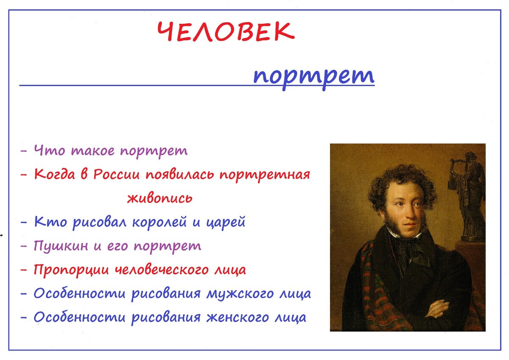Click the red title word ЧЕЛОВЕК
coord(226,31)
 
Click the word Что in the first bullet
coord(50,150)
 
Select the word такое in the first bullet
coord(93,151)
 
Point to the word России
coord(116,175)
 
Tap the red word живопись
coord(160,198)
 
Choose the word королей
coord(159,222)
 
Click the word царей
coord(226,222)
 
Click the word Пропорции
coord(71,270)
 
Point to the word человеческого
coord(162,270)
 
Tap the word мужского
coord(240,294)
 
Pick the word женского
coord(238,318)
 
